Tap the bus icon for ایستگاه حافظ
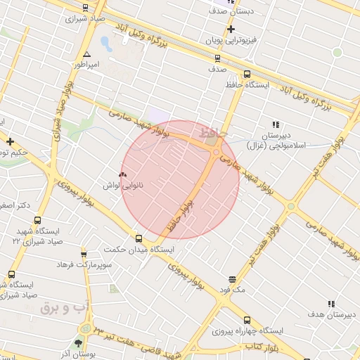tap(246, 74)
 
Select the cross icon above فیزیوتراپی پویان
tap(230, 29)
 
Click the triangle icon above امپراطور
tap(86, 54)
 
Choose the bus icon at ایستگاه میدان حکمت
tap(139, 238)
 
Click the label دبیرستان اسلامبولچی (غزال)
tap(276, 140)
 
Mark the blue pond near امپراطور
tap(106, 44)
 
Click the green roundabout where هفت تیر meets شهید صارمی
tap(291, 206)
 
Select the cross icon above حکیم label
tap(10, 142)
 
